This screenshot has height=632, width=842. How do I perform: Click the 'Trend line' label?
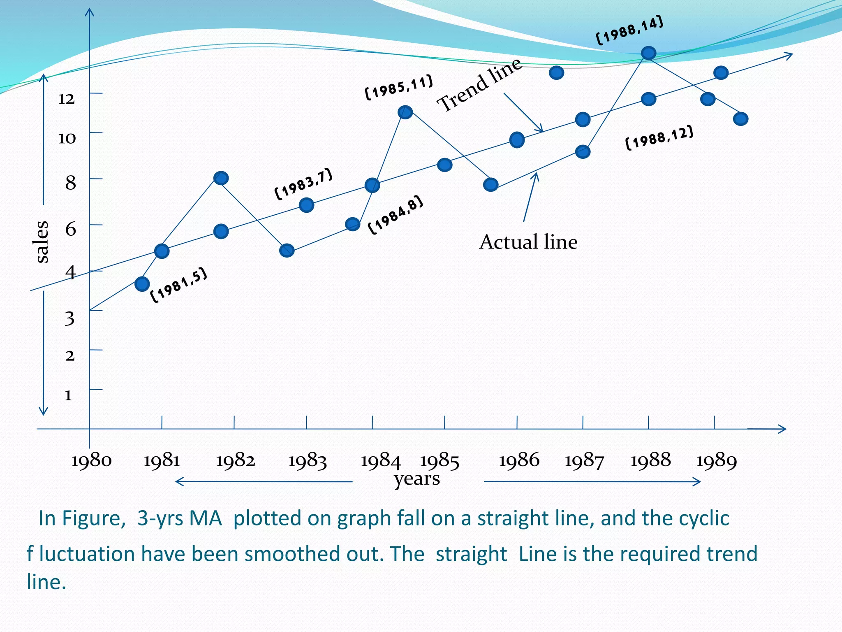pyautogui.click(x=479, y=85)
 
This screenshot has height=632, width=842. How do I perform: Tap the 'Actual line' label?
pyautogui.click(x=528, y=242)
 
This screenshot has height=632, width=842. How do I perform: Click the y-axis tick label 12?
pyautogui.click(x=66, y=99)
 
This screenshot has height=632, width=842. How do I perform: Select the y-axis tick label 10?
pyautogui.click(x=67, y=138)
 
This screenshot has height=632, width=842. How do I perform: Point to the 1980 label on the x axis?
pyautogui.click(x=91, y=460)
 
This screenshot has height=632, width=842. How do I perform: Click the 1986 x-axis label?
pyautogui.click(x=519, y=460)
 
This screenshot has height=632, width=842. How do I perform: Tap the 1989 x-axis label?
pyautogui.click(x=716, y=460)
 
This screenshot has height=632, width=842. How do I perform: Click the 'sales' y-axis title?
pyautogui.click(x=42, y=242)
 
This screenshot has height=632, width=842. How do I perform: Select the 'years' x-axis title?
pyautogui.click(x=417, y=479)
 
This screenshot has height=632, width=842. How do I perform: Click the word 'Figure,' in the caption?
pyautogui.click(x=93, y=518)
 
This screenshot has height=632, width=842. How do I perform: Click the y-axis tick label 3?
pyautogui.click(x=69, y=318)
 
